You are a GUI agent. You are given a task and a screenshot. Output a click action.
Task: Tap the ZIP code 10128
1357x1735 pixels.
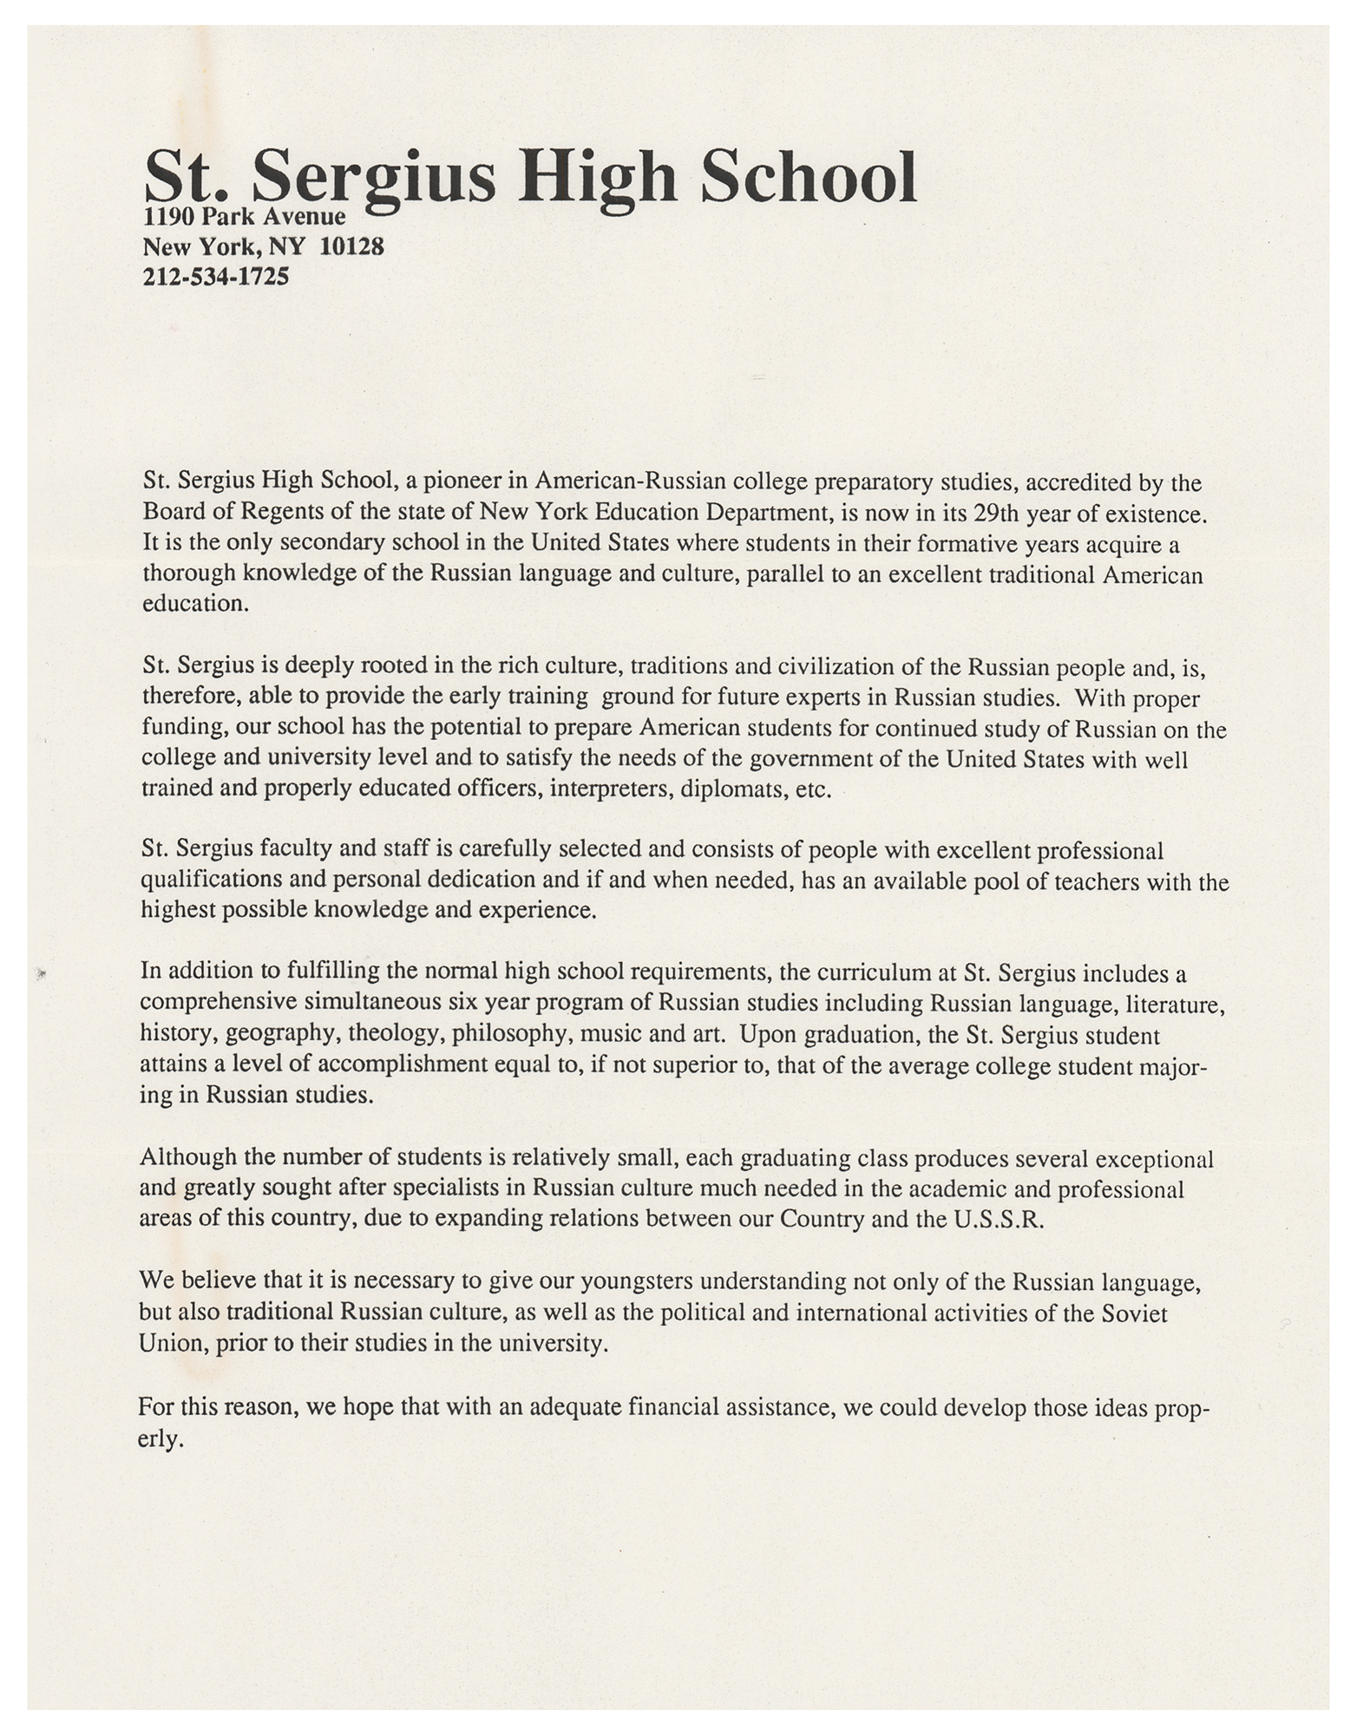point(351,247)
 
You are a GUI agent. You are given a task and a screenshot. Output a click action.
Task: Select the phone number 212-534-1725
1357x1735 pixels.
point(215,278)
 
